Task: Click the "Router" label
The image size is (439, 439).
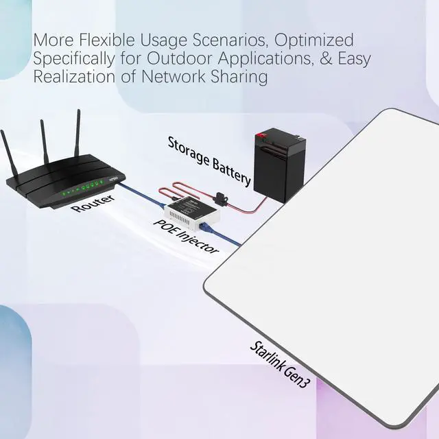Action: coord(93,204)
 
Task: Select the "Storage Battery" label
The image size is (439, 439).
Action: coord(209,159)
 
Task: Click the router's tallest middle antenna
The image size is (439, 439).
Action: coord(78,141)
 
